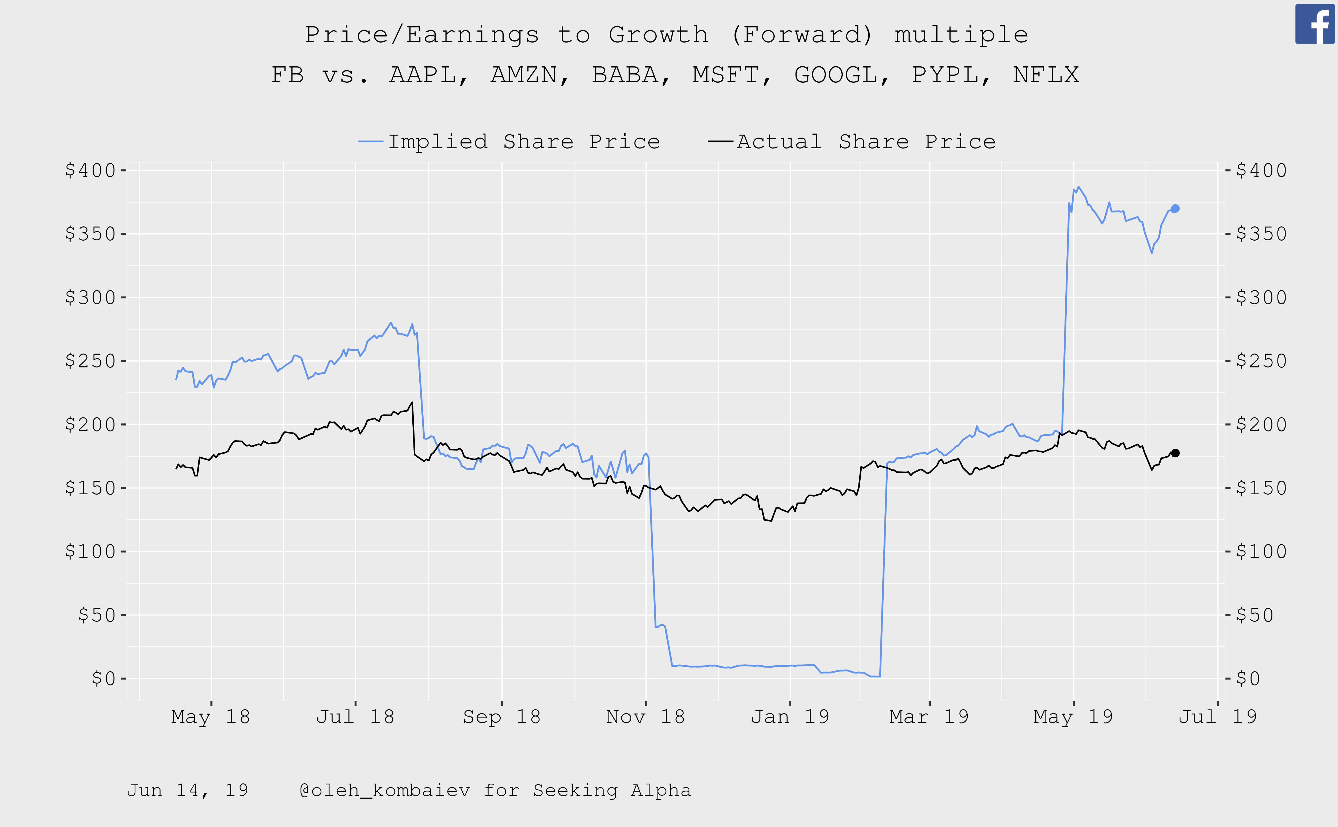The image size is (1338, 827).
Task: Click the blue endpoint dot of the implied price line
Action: [1175, 208]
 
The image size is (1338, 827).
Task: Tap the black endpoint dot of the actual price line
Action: [1175, 453]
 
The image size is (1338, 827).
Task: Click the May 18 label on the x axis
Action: [211, 716]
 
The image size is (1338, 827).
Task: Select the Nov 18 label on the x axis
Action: [645, 716]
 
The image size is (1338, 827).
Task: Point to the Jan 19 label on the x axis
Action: [790, 716]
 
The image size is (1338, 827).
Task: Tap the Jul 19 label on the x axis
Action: [1218, 716]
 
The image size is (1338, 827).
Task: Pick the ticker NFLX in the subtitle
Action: [1046, 75]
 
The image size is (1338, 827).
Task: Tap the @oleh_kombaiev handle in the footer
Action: [384, 790]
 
